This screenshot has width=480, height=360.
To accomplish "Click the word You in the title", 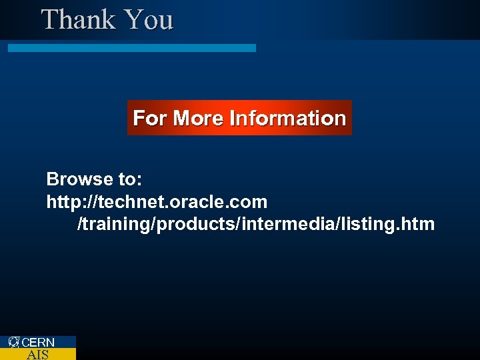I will pyautogui.click(x=149, y=19).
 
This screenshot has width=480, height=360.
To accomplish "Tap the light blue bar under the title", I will pyautogui.click(x=131, y=48).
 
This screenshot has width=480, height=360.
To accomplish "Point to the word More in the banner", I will pyautogui.click(x=198, y=119).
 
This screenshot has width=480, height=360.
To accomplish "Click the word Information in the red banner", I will pyautogui.click(x=287, y=119).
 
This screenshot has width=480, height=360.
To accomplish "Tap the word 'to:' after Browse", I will pyautogui.click(x=129, y=179).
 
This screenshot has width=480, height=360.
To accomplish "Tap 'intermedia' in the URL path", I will pyautogui.click(x=275, y=224).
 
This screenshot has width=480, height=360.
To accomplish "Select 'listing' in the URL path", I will pyautogui.click(x=367, y=224).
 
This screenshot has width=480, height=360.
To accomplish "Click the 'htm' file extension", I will pyautogui.click(x=419, y=224).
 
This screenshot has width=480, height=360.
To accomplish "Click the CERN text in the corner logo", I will pyautogui.click(x=39, y=343).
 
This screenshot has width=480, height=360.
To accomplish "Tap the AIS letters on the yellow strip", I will pyautogui.click(x=37, y=355).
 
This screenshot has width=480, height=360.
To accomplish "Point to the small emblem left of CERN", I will pyautogui.click(x=14, y=342).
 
